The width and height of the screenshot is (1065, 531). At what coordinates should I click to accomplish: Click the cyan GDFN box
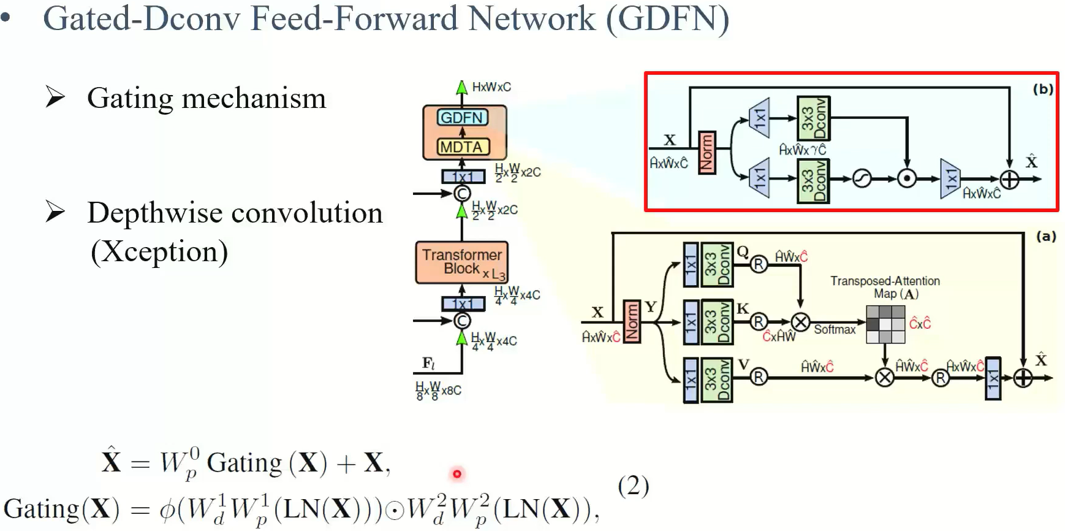[x=462, y=117]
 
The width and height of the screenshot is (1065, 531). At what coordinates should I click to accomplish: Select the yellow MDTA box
[x=463, y=147]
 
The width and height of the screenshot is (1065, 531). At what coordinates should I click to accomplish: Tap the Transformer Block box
[x=461, y=262]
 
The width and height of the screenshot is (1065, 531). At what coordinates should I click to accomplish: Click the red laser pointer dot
[x=457, y=473]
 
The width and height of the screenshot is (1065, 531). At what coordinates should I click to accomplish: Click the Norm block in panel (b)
[x=707, y=153]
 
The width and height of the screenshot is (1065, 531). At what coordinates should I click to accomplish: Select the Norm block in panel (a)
[x=632, y=322]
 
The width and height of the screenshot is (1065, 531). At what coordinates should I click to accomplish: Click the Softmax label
[x=834, y=330]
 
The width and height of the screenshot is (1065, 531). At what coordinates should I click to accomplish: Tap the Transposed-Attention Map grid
[x=885, y=324]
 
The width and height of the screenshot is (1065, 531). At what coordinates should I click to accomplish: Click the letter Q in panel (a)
[x=743, y=251]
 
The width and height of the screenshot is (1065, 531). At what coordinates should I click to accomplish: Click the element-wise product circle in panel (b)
[x=906, y=179]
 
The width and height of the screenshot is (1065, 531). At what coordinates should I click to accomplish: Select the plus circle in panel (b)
[x=1009, y=179]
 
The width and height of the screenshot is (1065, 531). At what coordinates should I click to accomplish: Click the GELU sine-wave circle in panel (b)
[x=862, y=179]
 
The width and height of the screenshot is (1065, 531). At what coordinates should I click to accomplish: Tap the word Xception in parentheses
[x=159, y=251]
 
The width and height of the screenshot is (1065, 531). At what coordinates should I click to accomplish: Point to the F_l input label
[x=428, y=364]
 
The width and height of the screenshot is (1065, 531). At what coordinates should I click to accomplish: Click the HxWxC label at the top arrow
[x=491, y=87]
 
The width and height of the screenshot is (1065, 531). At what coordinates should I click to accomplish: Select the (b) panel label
[x=1043, y=89]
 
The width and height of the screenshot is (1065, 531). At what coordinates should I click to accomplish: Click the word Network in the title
[x=531, y=18]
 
